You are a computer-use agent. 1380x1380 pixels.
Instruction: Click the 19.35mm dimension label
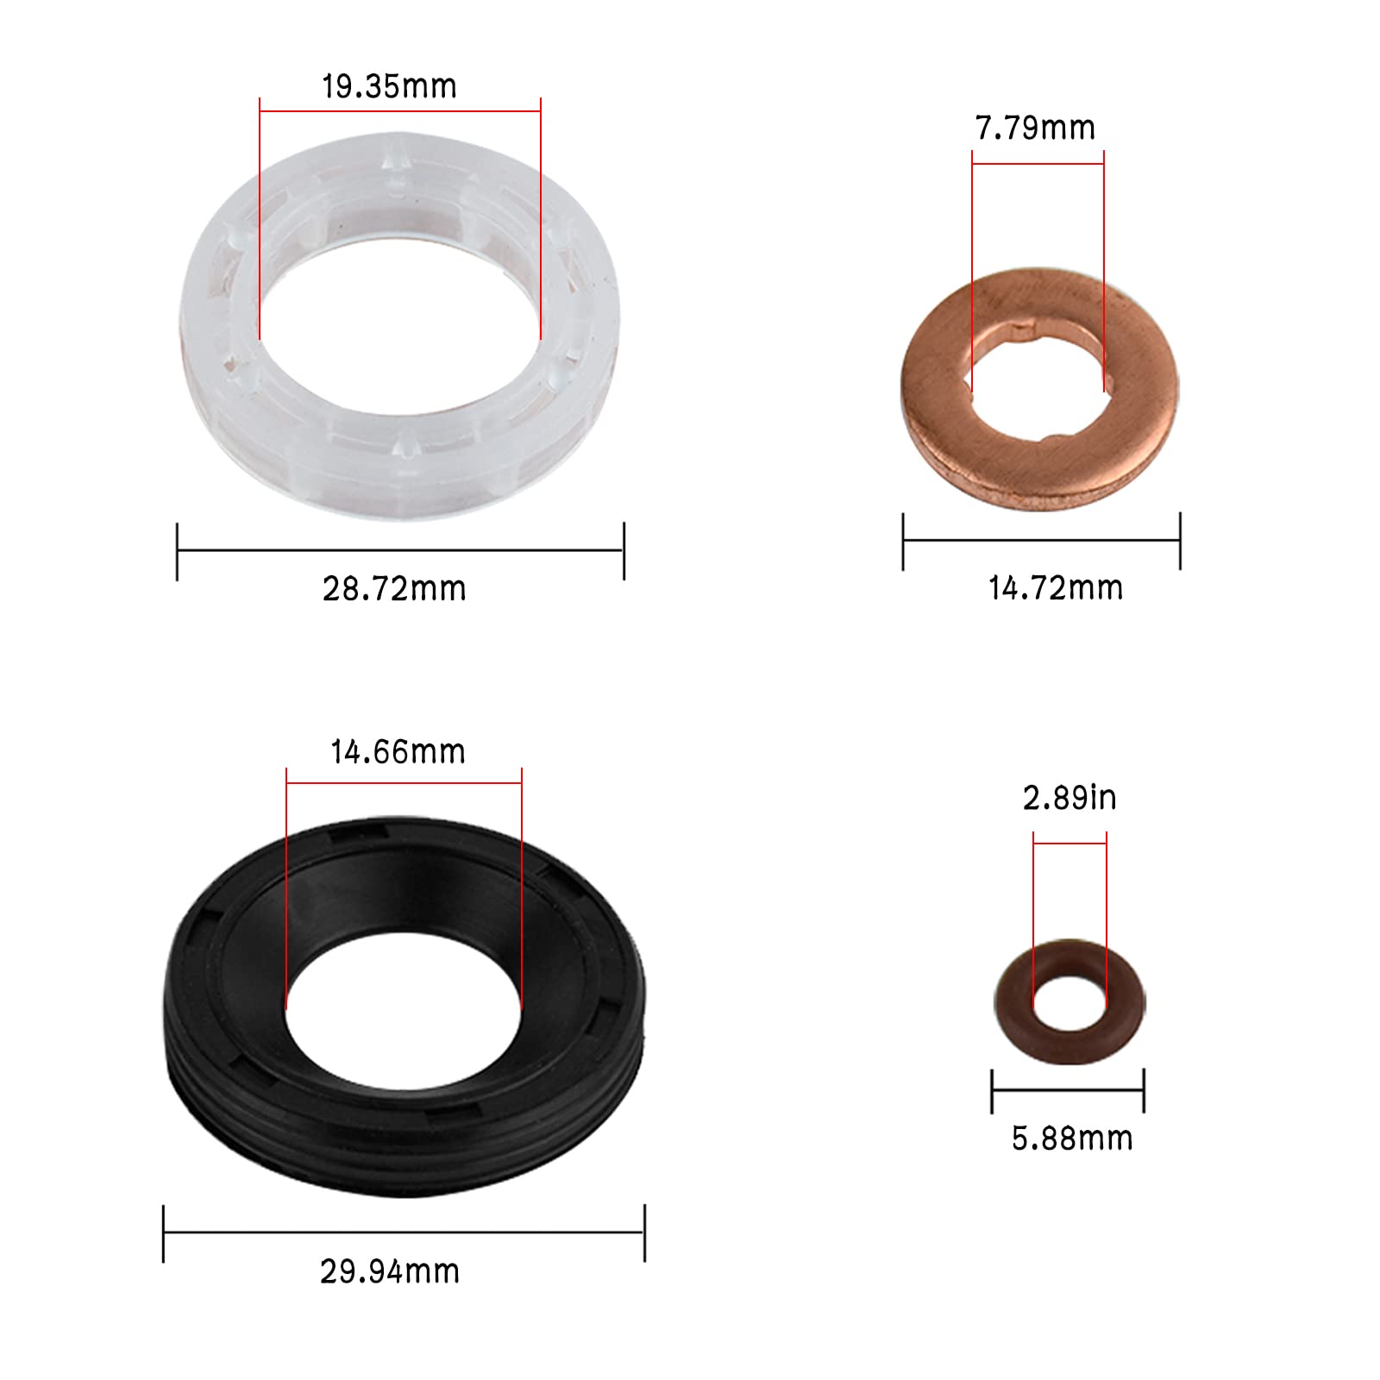click(x=389, y=86)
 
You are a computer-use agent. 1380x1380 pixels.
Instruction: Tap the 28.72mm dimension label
click(x=394, y=589)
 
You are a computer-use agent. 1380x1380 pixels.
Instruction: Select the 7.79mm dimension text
click(x=1035, y=129)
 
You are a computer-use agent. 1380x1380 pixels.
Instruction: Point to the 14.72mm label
click(x=1056, y=588)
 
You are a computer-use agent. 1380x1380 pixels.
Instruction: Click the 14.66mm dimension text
click(x=398, y=752)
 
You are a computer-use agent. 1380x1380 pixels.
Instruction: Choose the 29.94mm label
click(x=390, y=1271)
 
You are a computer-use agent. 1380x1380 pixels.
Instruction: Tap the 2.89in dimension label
click(x=1069, y=799)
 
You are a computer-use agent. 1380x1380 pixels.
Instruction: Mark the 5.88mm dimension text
click(x=1072, y=1138)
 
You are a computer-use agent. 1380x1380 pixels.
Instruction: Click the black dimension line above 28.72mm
click(x=400, y=550)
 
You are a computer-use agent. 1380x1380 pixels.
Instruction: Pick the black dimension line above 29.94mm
click(x=404, y=1233)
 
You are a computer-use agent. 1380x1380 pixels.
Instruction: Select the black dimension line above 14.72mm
click(x=1041, y=541)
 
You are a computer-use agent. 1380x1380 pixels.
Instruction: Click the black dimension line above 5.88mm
click(x=1068, y=1089)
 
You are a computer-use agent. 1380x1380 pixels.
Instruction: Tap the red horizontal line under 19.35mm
click(x=400, y=110)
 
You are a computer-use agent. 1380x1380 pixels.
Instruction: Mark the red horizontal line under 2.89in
click(x=1069, y=843)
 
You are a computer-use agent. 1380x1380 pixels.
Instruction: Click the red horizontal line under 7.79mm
click(x=1038, y=163)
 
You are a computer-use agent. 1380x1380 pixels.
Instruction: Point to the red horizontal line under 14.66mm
click(x=404, y=782)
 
